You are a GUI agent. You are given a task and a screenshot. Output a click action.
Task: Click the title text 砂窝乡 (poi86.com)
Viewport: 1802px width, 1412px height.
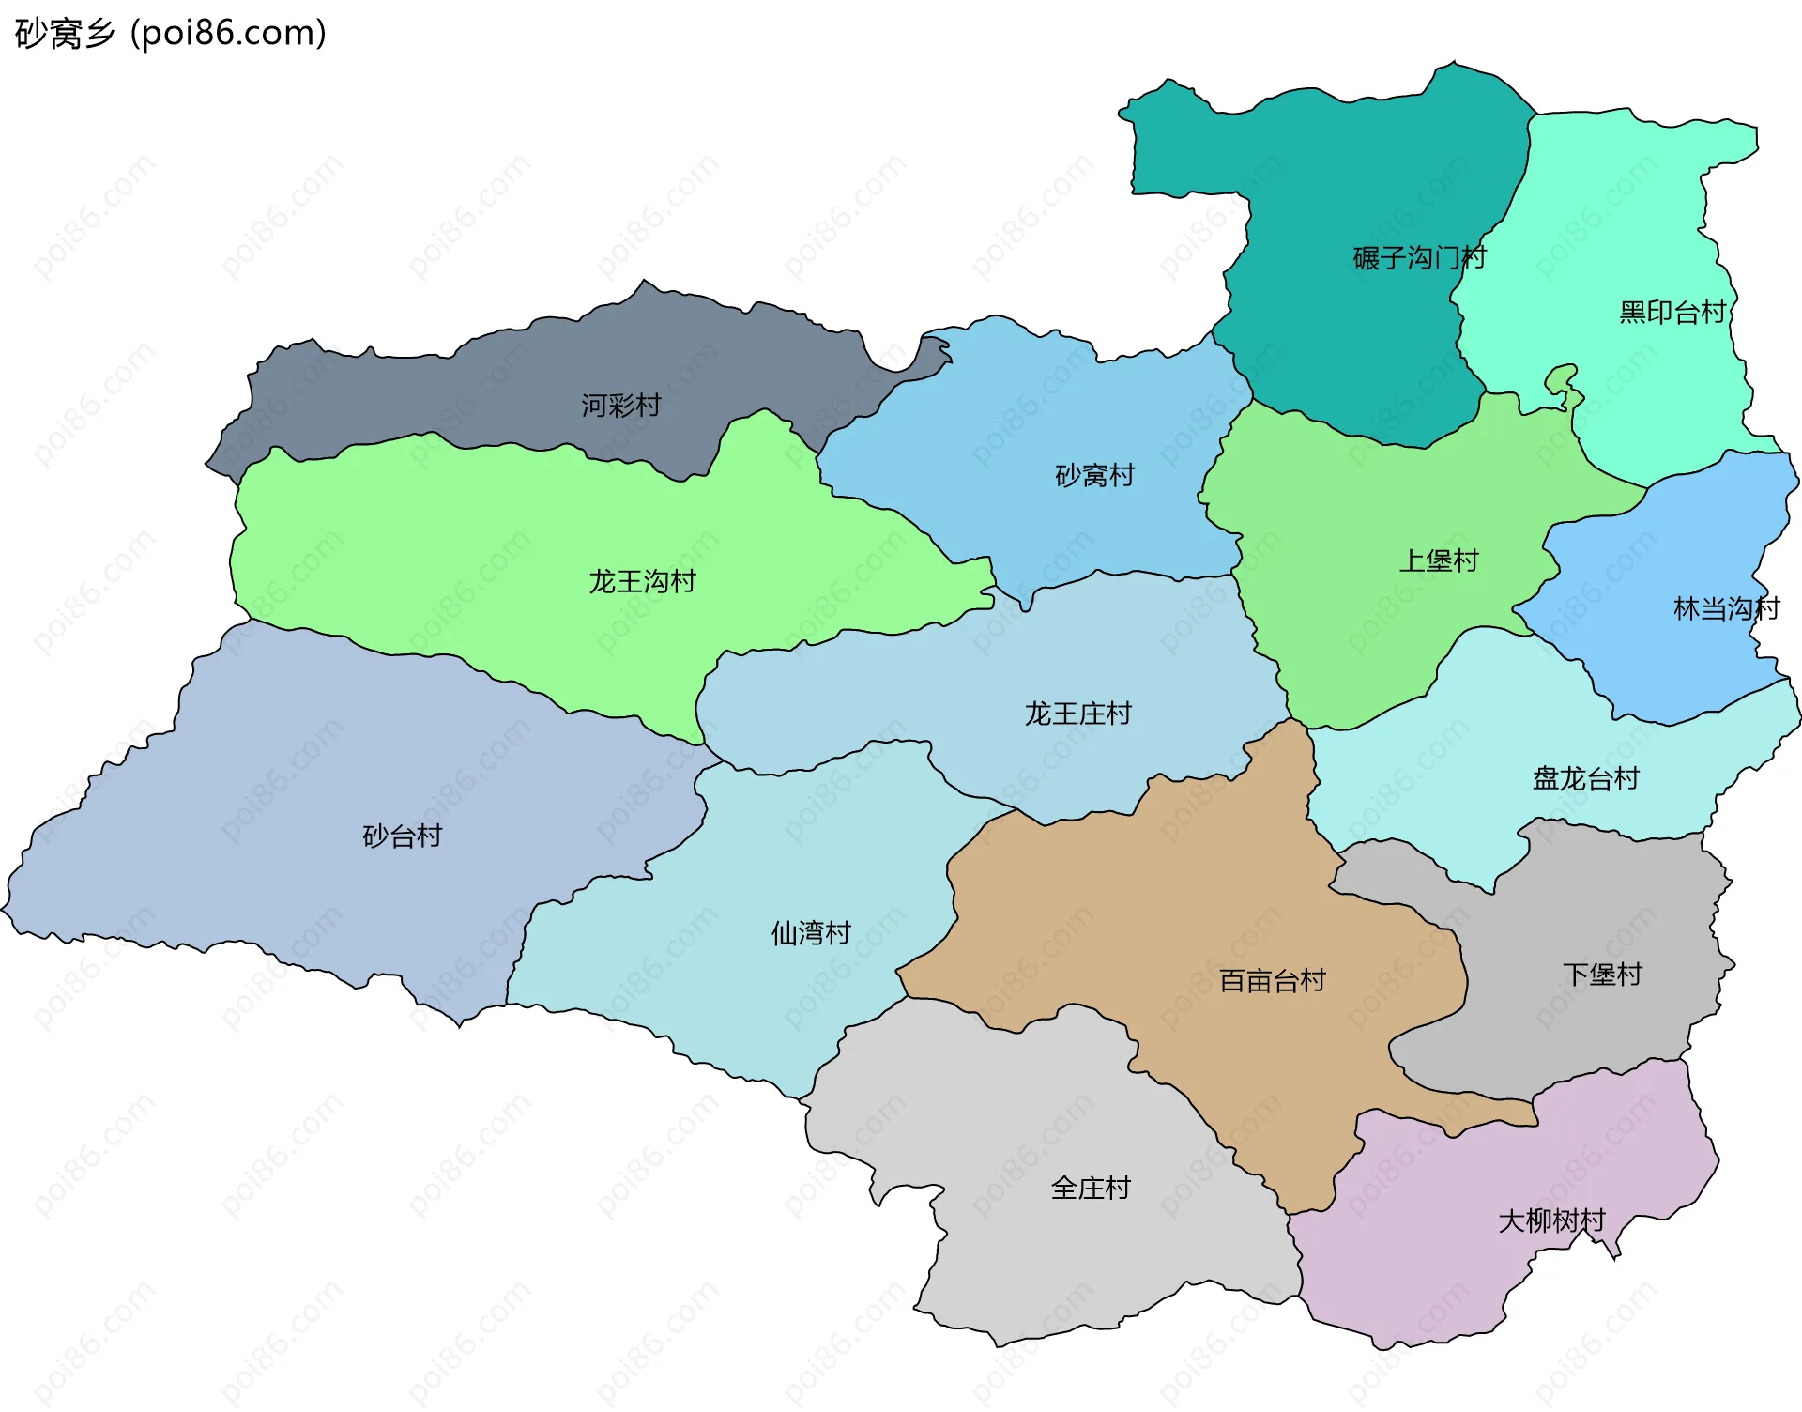(171, 33)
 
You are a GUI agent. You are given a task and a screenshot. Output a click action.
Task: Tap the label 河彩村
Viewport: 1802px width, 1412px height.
(620, 406)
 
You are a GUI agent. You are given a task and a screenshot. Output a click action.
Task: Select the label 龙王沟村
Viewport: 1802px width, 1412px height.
(642, 581)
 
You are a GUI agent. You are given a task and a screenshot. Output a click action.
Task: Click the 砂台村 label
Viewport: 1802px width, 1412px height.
(402, 836)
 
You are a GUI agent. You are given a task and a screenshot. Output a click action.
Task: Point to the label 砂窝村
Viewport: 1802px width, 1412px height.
(1094, 475)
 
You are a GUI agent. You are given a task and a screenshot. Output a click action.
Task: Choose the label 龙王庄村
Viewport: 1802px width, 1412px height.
(1077, 714)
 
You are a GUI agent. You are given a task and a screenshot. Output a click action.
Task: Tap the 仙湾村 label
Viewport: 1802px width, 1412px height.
(810, 932)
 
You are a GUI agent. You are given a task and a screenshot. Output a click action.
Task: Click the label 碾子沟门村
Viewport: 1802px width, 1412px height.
(1419, 257)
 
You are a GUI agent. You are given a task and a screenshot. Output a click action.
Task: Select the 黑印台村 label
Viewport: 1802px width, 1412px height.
(1672, 312)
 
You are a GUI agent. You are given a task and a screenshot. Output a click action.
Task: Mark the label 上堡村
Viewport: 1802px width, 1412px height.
(1438, 560)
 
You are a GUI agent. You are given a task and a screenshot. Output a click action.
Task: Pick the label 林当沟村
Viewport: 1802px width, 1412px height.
(1726, 608)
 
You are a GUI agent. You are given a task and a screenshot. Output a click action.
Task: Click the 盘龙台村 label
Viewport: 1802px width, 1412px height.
(1585, 778)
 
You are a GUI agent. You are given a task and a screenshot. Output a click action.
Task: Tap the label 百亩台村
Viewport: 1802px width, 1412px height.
(1272, 980)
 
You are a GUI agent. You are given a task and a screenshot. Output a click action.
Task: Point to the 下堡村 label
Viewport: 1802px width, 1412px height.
(1601, 974)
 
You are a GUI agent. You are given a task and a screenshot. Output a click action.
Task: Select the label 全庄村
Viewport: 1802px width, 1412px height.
(1090, 1188)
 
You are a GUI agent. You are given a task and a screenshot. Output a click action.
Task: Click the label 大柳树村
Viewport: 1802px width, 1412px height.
(1550, 1220)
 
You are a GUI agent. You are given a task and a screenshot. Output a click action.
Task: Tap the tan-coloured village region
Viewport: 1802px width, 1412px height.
(1173, 901)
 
